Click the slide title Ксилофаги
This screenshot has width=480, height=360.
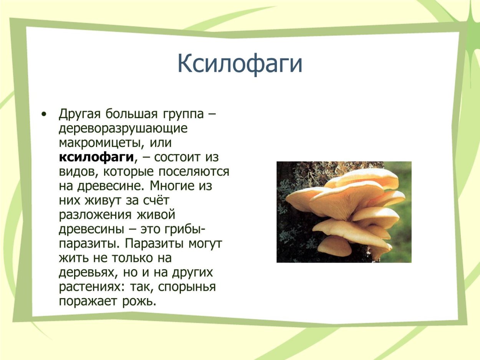pyautogui.click(x=240, y=64)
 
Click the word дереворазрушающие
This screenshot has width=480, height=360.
pyautogui.click(x=123, y=128)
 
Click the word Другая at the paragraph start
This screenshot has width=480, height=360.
pyautogui.click(x=79, y=114)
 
